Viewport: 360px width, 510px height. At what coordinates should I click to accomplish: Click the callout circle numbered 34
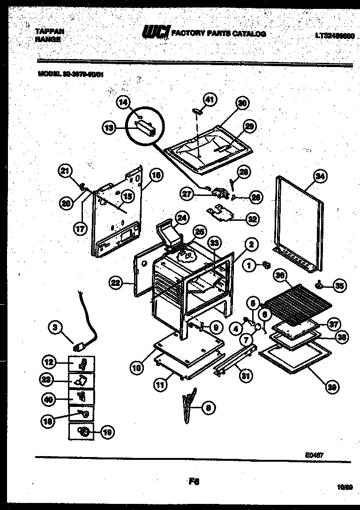tap(320, 177)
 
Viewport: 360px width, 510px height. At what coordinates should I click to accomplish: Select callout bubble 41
tap(210, 99)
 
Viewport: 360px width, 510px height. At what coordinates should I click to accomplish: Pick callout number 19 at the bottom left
tap(107, 432)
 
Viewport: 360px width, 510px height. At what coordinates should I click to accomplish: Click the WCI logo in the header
tap(156, 33)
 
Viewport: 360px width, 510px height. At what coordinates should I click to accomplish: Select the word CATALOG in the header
tap(249, 34)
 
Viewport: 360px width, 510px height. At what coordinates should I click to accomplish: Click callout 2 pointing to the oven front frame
tap(251, 244)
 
